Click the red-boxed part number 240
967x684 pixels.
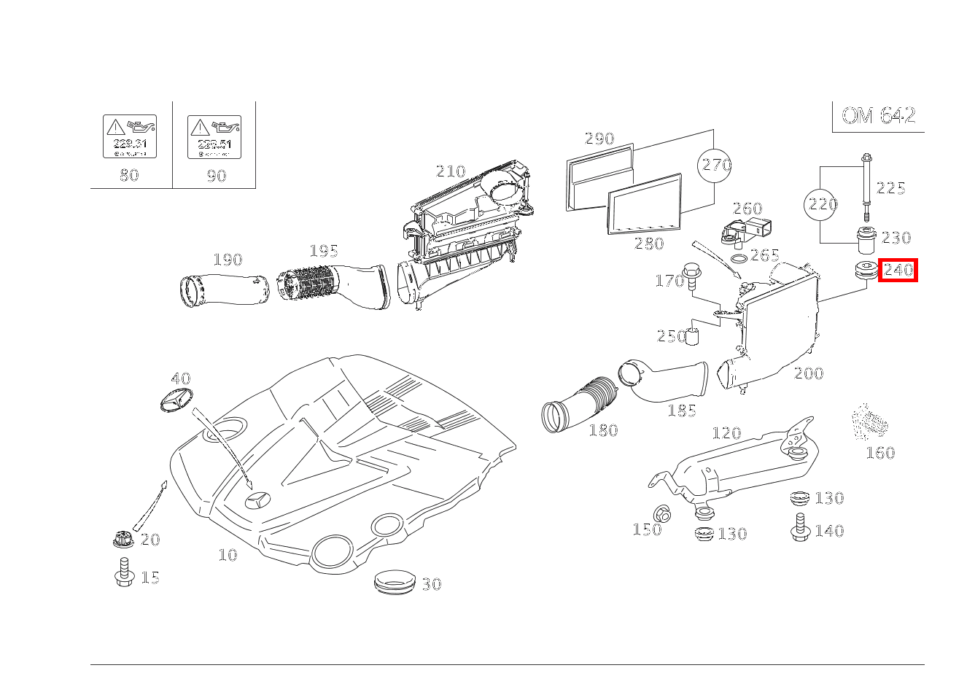point(898,271)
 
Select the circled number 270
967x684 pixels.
point(716,165)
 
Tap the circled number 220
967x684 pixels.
point(823,204)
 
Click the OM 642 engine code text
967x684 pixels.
point(878,115)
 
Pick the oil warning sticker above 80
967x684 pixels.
point(130,136)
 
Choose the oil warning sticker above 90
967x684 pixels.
point(214,136)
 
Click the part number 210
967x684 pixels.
point(450,171)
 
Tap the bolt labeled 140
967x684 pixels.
point(800,527)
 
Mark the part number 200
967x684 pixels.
point(808,373)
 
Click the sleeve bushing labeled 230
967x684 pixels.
point(865,239)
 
